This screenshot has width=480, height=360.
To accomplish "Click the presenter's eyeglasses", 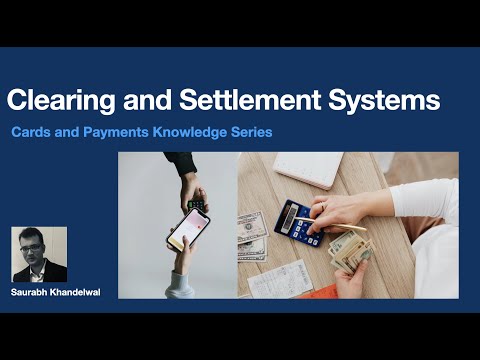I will click(38, 248).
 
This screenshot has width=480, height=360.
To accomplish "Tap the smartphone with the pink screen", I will click(182, 228).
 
